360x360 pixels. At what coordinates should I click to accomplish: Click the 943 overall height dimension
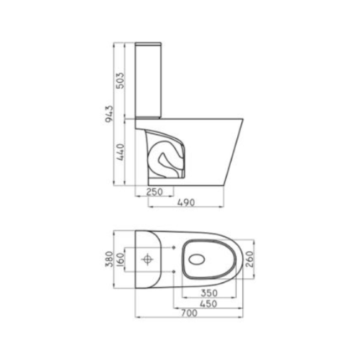(x=109, y=115)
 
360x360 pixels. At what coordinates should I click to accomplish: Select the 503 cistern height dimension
(x=121, y=80)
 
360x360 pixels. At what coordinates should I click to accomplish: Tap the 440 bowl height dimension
(x=121, y=152)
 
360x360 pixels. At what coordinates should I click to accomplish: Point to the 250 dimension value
(x=154, y=192)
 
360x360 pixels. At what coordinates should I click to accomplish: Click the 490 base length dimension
(x=186, y=203)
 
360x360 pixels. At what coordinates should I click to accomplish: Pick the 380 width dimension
(x=109, y=260)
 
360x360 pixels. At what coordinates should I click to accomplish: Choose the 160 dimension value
(x=120, y=260)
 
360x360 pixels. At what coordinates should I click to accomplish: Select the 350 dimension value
(x=209, y=293)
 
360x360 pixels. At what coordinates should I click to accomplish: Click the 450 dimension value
(x=208, y=304)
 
